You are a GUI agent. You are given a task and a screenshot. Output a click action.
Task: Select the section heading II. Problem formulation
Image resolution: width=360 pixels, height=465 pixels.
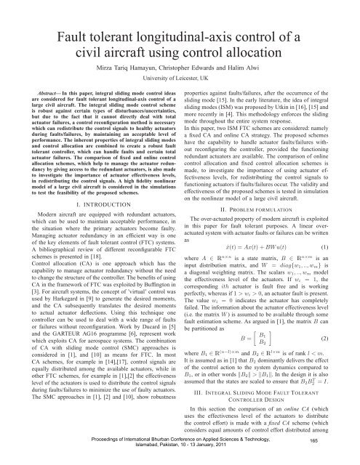click(x=271, y=196)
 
